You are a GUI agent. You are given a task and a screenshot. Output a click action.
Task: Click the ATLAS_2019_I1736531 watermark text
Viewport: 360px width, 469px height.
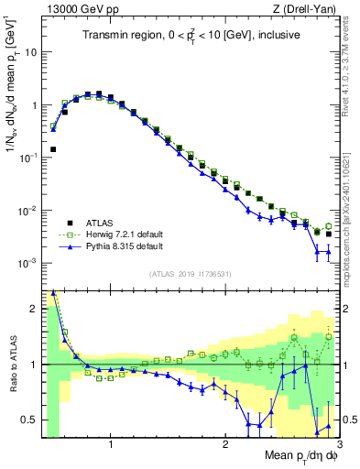[190, 274]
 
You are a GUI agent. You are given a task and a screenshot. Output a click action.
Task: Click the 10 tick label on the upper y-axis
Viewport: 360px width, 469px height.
[30, 52]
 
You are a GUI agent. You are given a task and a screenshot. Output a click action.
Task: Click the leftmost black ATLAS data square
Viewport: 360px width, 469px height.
[53, 149]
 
